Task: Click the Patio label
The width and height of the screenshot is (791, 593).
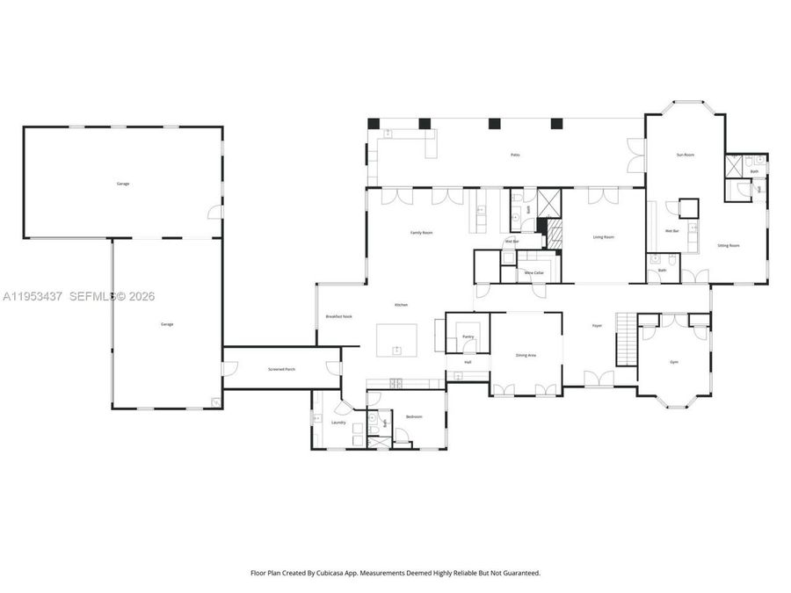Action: tap(515, 155)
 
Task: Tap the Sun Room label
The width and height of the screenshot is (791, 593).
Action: tap(686, 155)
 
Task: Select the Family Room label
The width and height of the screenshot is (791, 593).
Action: tap(422, 233)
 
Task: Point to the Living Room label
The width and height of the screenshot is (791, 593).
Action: tap(603, 237)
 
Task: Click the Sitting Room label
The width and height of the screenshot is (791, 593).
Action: tap(729, 246)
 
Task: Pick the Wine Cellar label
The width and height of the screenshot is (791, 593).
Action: tap(534, 273)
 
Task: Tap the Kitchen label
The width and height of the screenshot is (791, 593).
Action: tap(401, 304)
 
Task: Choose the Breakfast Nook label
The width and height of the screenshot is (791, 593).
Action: tap(339, 316)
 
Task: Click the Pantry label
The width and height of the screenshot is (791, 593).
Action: tap(468, 336)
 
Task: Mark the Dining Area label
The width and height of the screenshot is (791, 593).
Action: tap(526, 355)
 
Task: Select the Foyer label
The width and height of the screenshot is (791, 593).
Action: tap(597, 326)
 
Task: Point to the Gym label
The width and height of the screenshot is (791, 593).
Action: tap(674, 362)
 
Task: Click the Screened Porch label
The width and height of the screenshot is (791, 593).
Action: tap(281, 369)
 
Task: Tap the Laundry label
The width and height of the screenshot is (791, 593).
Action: tap(338, 423)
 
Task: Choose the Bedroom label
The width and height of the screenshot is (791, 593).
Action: tap(414, 416)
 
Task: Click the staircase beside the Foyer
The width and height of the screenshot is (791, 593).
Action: tap(625, 337)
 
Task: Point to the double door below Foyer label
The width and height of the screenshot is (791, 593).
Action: tap(599, 379)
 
